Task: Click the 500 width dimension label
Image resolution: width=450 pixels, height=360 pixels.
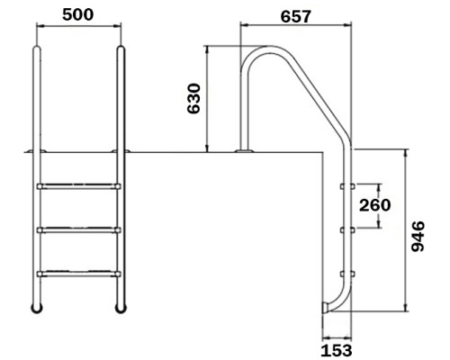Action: coord(78,15)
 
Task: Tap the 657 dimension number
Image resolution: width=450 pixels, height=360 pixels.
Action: coord(296,16)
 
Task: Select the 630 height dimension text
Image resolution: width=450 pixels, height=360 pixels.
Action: coord(193,99)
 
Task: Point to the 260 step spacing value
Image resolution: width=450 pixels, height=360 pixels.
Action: coord(375,205)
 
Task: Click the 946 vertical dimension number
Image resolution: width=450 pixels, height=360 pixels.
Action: coord(418,237)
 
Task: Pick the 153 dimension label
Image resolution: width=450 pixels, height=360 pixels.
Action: coord(337,351)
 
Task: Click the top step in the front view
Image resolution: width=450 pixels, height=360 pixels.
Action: coord(79,186)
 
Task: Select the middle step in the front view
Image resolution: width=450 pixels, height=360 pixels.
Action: coord(79,230)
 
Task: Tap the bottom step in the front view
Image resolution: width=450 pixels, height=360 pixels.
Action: coord(79,274)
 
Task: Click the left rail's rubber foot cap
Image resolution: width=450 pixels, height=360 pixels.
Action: coord(37,309)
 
